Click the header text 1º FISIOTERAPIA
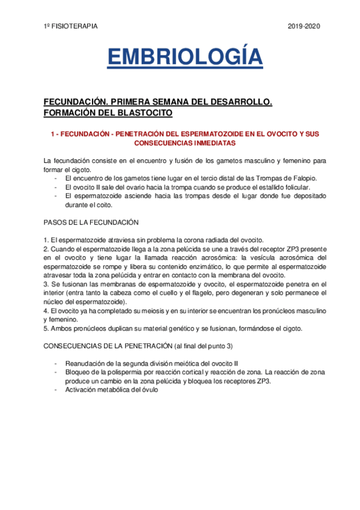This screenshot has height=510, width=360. coord(71,26)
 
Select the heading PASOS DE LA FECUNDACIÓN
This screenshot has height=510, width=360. coord(91,222)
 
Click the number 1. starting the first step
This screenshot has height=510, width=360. coord(46,240)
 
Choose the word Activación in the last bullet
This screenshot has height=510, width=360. coord(82,390)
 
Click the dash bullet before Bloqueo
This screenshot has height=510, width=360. coord(56,372)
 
